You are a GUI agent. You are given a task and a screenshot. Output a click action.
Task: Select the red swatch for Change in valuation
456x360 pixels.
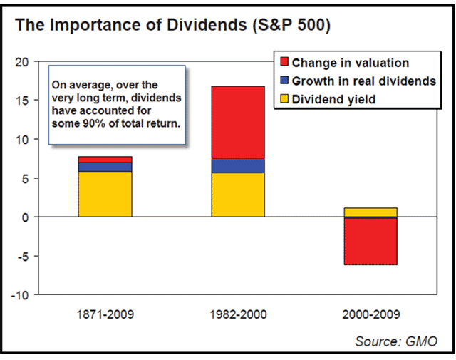click(284, 62)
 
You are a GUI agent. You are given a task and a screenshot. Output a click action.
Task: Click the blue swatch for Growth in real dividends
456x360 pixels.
click(284, 81)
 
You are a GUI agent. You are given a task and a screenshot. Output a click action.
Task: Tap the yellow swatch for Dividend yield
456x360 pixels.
click(284, 100)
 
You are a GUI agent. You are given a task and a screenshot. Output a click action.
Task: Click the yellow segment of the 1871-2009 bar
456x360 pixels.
click(105, 194)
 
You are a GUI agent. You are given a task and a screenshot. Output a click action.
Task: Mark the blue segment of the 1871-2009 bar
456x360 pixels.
click(105, 167)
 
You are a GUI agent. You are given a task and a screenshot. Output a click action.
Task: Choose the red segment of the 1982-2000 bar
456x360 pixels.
click(239, 122)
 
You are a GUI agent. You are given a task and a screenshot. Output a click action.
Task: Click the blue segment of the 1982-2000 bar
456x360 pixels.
click(239, 165)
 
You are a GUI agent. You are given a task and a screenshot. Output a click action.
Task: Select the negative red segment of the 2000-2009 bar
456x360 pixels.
click(370, 241)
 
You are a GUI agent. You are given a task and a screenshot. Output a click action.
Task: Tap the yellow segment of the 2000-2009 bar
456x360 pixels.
click(370, 212)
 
